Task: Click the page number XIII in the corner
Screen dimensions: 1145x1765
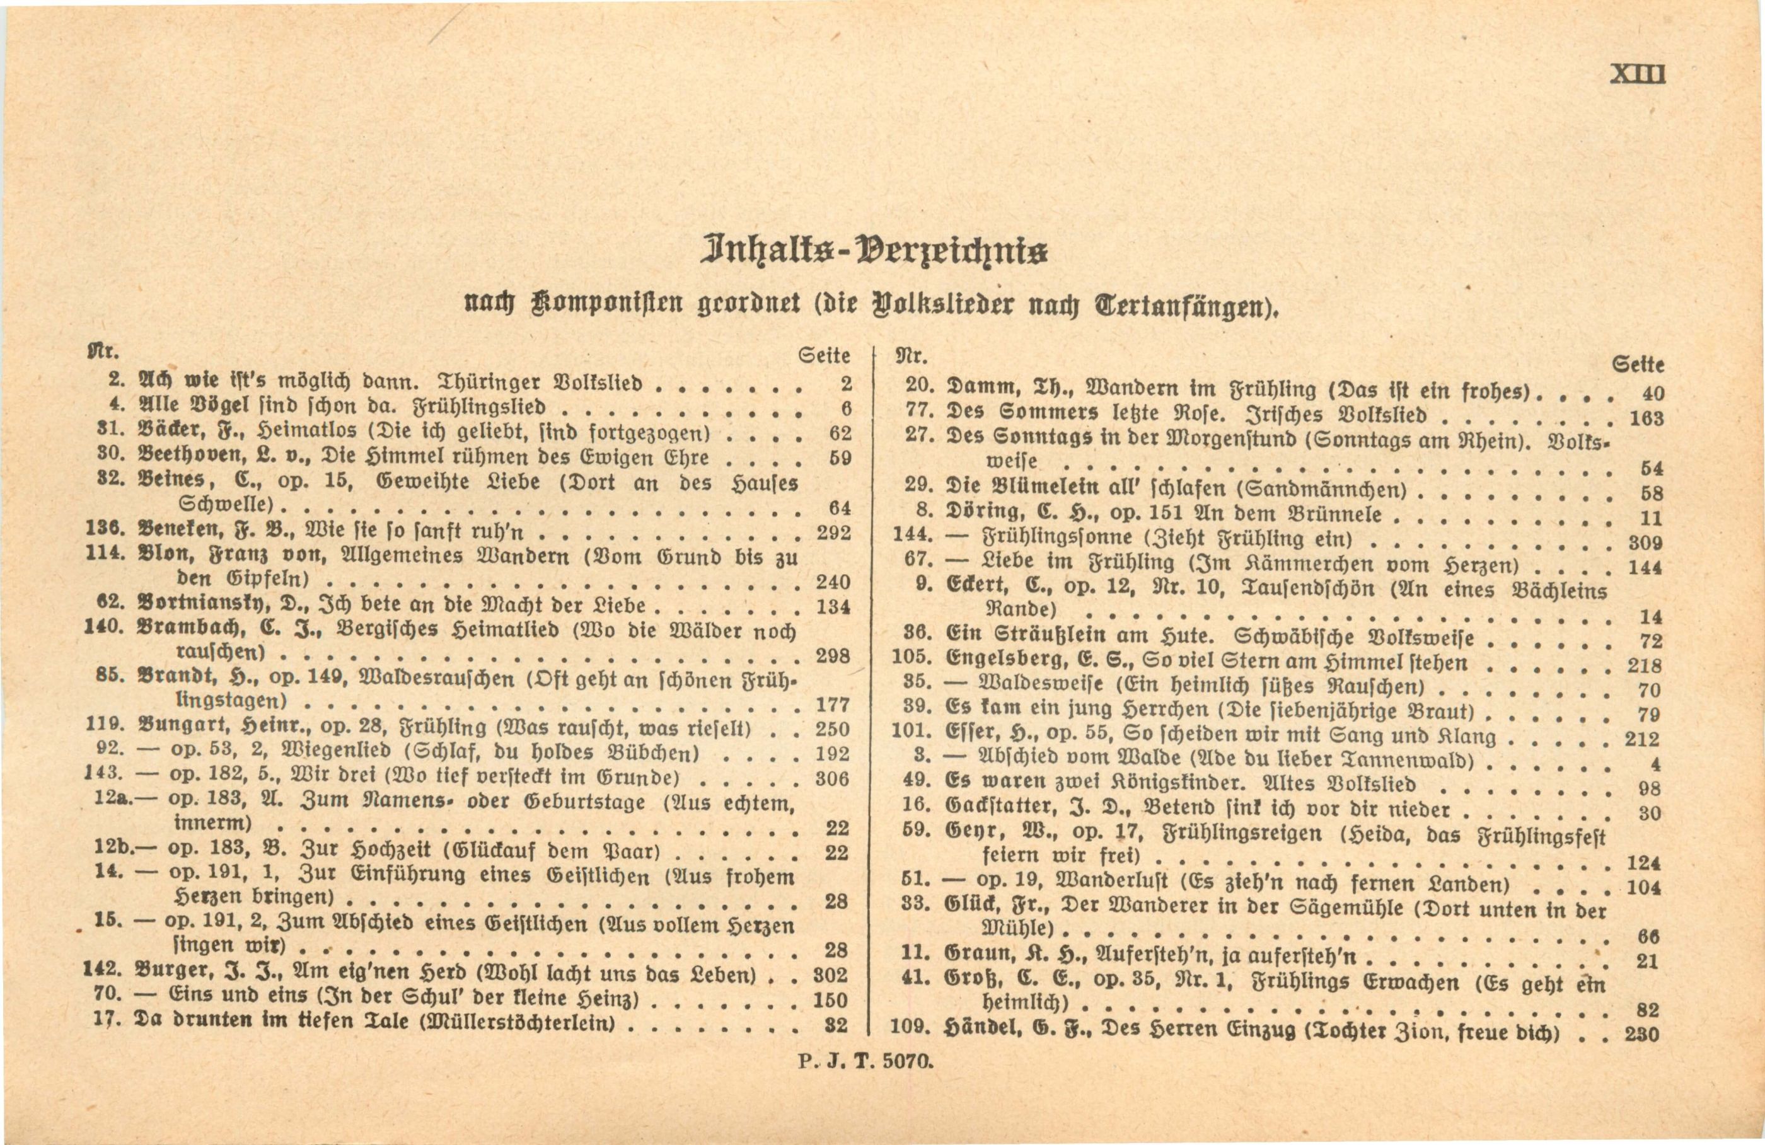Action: (1638, 76)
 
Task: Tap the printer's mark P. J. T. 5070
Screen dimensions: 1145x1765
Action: (865, 1061)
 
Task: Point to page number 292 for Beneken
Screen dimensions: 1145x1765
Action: (833, 532)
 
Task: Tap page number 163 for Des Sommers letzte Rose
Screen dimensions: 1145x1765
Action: (1646, 418)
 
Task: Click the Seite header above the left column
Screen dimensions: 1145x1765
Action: (824, 356)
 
